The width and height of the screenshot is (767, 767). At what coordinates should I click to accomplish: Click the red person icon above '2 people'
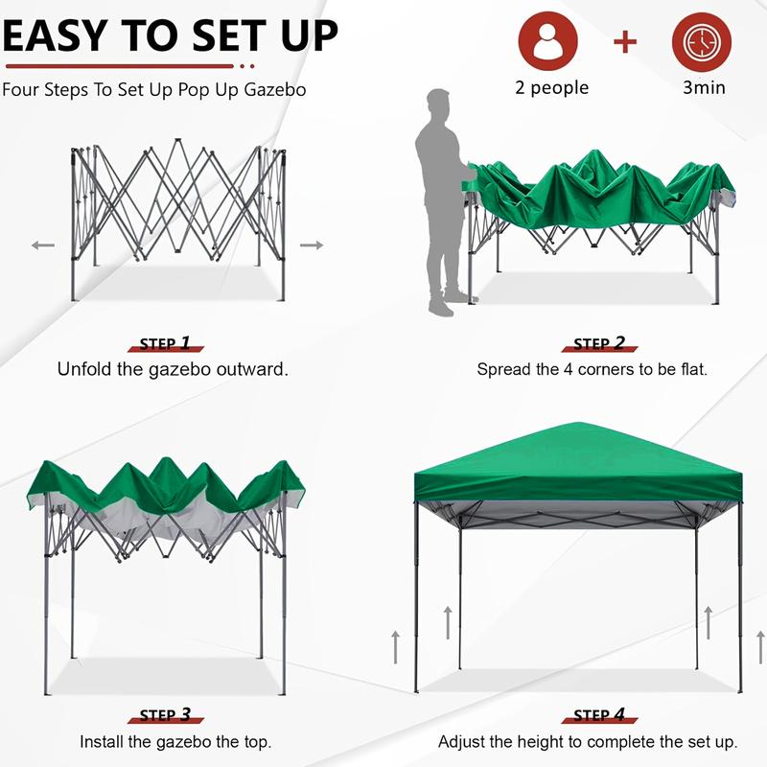[548, 41]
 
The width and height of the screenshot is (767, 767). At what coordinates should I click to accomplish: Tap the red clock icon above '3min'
[702, 41]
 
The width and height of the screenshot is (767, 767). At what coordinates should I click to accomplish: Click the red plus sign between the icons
[625, 41]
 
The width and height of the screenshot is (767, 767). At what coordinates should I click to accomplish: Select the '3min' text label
[703, 88]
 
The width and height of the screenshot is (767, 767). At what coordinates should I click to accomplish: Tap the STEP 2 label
[599, 343]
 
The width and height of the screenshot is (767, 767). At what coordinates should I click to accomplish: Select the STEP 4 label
[599, 715]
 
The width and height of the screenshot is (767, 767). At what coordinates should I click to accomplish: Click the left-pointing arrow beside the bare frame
[43, 245]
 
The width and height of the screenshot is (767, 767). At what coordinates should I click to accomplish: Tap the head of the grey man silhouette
[438, 103]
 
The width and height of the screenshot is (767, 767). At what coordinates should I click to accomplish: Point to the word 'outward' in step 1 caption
[252, 369]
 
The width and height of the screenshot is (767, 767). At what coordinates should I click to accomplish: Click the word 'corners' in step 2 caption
[601, 369]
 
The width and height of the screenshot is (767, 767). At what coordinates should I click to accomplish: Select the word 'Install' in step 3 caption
[103, 741]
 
